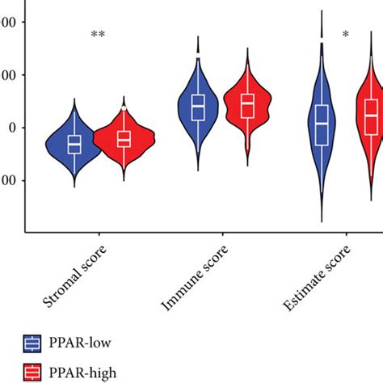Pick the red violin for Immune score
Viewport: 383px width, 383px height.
tap(247, 113)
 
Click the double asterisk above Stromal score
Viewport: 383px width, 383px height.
tap(99, 35)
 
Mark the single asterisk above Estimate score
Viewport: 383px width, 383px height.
tap(346, 35)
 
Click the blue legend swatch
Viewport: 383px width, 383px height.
tap(33, 343)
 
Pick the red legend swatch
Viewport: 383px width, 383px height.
tap(33, 372)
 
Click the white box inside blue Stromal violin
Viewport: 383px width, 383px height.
tap(74, 144)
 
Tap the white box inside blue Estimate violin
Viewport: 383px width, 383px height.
tap(322, 125)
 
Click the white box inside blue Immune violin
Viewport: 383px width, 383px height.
tap(198, 107)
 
